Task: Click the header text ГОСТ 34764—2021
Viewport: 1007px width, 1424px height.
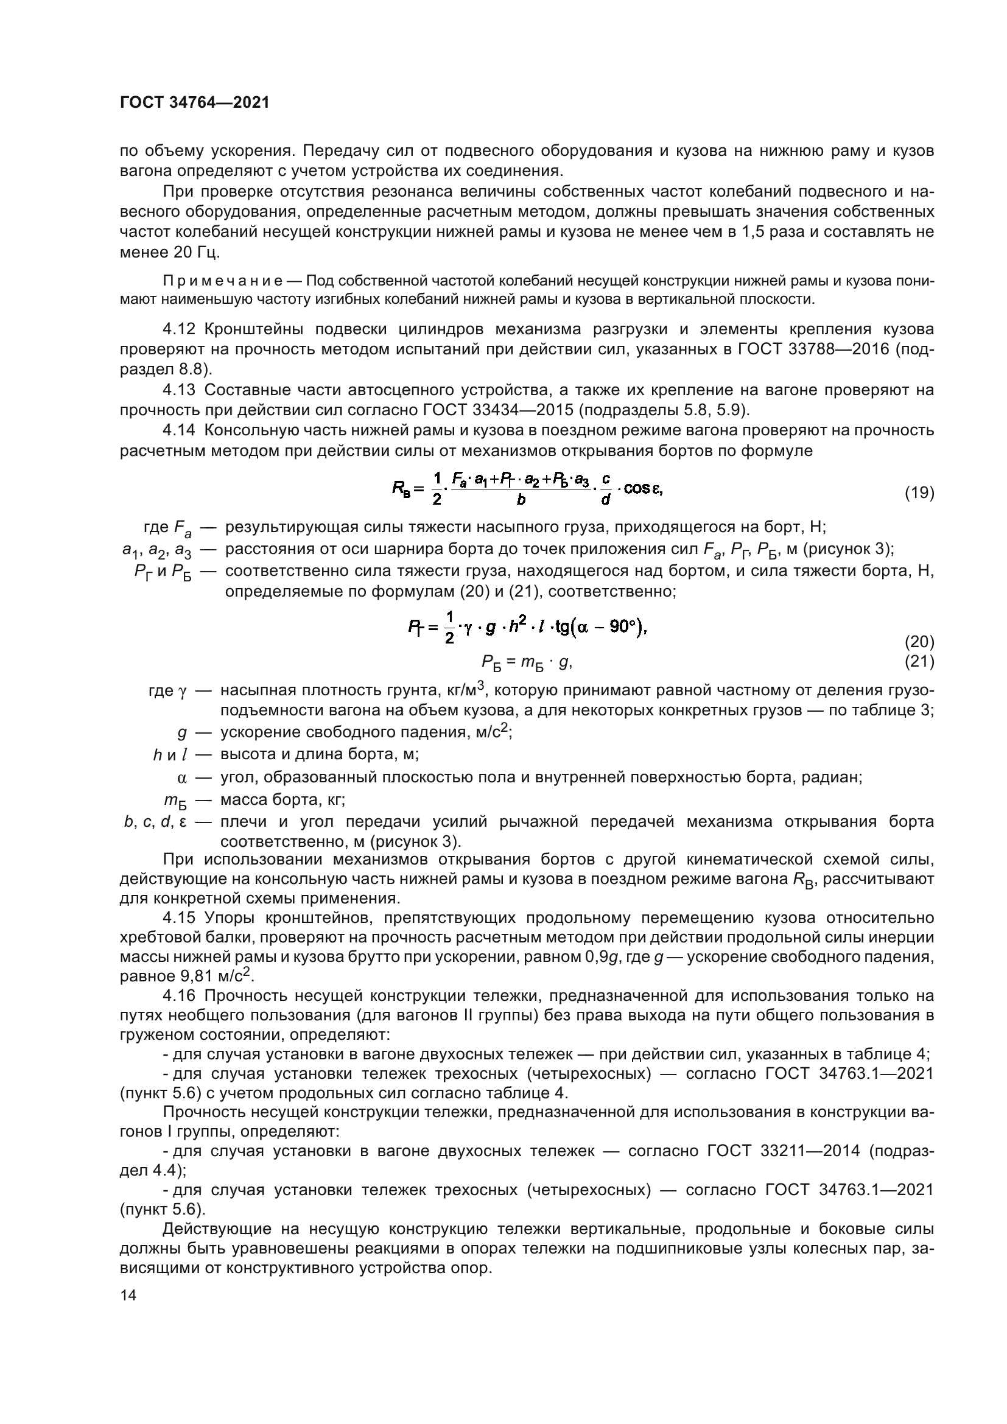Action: point(195,103)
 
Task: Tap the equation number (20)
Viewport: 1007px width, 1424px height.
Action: point(919,641)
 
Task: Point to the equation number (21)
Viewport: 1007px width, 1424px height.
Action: point(919,662)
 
